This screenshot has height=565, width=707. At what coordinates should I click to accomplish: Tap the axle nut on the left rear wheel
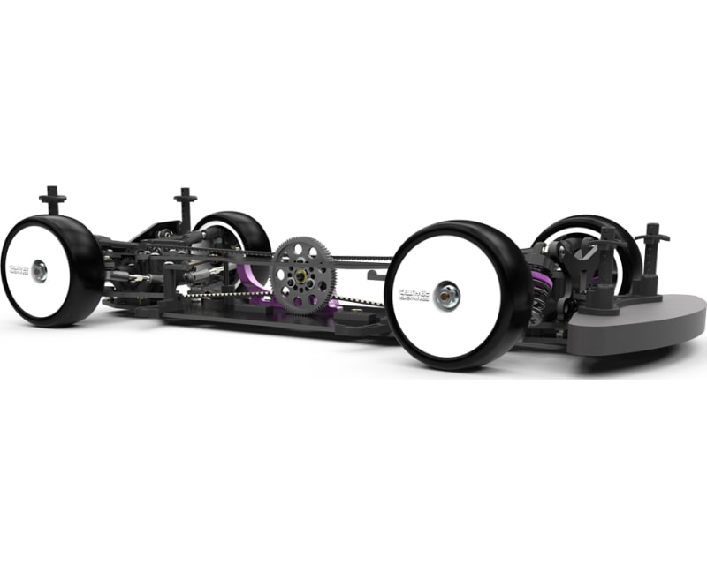pyautogui.click(x=40, y=271)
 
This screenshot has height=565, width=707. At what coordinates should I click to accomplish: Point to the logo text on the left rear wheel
pyautogui.click(x=19, y=269)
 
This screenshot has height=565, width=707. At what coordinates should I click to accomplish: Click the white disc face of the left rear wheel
pyautogui.click(x=35, y=291)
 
